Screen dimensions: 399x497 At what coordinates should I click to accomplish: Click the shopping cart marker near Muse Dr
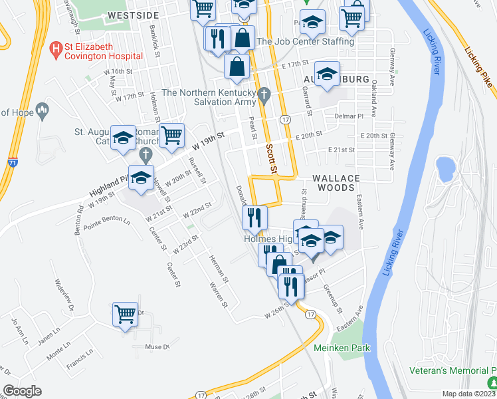126,315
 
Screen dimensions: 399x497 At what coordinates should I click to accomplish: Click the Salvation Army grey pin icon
264,94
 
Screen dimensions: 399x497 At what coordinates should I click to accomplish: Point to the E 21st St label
342,150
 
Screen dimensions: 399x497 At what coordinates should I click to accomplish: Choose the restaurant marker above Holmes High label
254,217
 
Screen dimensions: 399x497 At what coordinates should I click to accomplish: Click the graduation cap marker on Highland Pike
141,178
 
